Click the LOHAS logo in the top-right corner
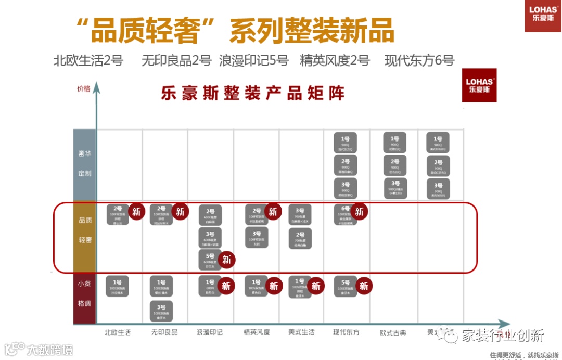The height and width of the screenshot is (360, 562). [543, 16]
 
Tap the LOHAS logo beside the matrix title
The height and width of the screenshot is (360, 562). [479, 85]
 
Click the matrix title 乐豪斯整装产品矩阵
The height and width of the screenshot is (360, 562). [253, 94]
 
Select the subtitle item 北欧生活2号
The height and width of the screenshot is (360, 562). [88, 61]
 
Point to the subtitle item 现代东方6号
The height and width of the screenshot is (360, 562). [419, 61]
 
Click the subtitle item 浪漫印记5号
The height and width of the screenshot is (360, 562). [253, 61]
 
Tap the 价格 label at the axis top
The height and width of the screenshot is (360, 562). [83, 88]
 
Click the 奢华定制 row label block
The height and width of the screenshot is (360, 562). [84, 164]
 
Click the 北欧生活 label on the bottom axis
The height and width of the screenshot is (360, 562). [118, 332]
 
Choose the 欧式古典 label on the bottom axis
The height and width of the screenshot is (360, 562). [393, 332]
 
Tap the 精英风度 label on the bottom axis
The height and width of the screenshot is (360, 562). [257, 332]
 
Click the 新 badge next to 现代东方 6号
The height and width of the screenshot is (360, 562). [359, 212]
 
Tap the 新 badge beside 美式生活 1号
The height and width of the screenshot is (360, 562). [315, 286]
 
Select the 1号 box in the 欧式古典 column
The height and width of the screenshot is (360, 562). [394, 143]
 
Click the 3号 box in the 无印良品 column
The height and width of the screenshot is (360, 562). [161, 311]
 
